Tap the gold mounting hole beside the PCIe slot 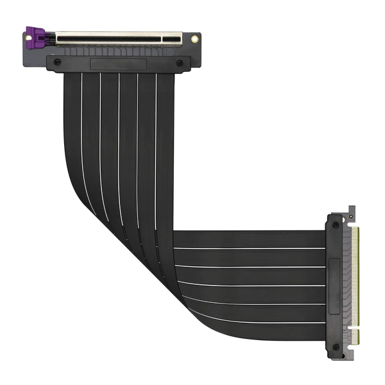pos(194,39)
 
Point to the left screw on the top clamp pos(58,62)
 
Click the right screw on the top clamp pos(180,62)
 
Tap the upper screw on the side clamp pos(336,225)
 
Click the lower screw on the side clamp pos(336,347)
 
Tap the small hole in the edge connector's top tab pos(350,210)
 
